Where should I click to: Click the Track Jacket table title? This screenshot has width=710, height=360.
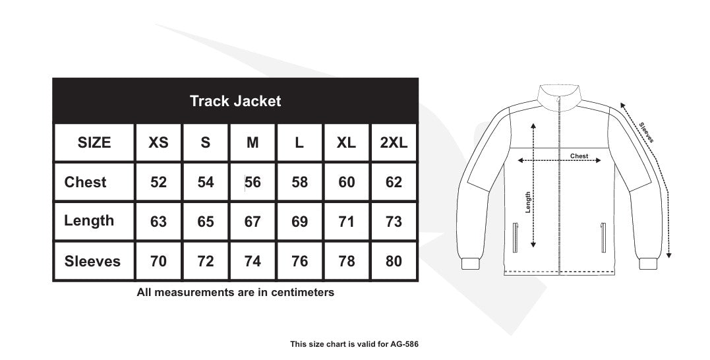coord(235,101)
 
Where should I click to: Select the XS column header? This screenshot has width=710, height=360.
coord(159,142)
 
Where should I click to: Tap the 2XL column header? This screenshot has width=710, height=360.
coord(394,142)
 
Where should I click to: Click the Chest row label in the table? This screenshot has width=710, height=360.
coord(85,182)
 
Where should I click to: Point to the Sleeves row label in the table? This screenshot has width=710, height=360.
coord(92,261)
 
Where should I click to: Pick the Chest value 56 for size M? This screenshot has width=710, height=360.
coord(252,182)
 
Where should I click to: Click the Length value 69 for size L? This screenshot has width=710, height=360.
coord(299,222)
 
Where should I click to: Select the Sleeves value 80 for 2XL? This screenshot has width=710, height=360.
coord(394,261)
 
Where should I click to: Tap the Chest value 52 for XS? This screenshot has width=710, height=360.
coord(159,182)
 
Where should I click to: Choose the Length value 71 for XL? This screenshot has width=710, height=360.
coord(347,222)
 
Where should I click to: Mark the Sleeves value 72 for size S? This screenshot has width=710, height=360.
coord(206,261)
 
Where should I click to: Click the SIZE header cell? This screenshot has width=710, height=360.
coord(94,142)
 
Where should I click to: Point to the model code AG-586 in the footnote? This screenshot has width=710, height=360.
coord(404,344)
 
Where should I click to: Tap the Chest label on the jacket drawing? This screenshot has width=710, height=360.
coord(579,156)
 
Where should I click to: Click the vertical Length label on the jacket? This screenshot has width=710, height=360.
coord(528,202)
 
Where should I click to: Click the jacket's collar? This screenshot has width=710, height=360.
coord(559,96)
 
